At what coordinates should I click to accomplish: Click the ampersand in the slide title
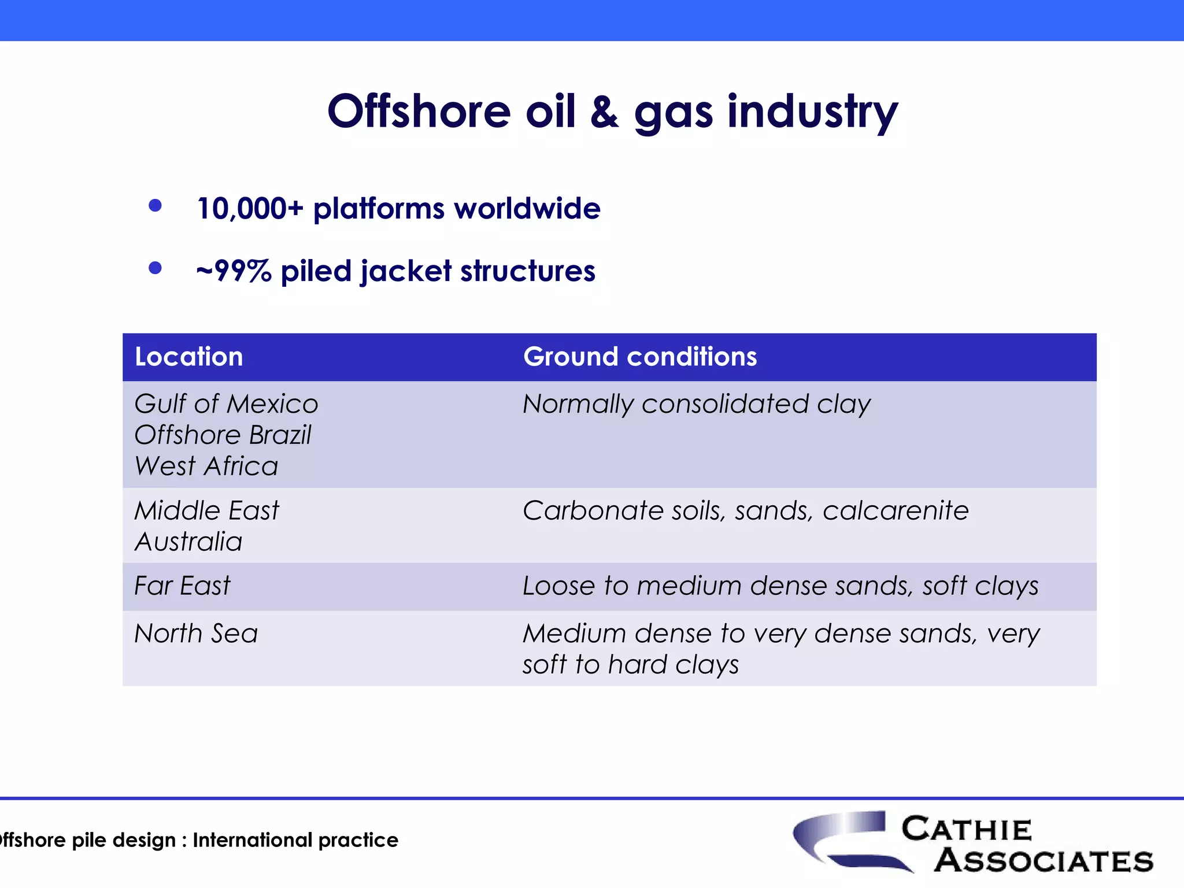click(604, 112)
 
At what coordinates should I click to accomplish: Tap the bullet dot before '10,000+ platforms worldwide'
click(155, 206)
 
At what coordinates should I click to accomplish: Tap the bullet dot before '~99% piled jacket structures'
click(155, 268)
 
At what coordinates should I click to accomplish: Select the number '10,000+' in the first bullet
click(250, 209)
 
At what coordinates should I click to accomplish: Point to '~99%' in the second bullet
click(234, 271)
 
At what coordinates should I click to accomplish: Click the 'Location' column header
click(189, 357)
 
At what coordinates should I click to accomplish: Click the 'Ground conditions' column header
click(640, 357)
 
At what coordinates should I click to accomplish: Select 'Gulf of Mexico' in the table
click(226, 404)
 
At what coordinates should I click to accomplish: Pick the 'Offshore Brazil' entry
click(223, 435)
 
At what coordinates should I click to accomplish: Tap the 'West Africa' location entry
click(206, 466)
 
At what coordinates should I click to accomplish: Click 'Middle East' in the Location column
click(206, 511)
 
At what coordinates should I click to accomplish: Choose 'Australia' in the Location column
click(188, 542)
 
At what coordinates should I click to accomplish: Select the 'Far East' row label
click(182, 586)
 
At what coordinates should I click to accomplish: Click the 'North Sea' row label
click(196, 634)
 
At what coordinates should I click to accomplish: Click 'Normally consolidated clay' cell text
click(697, 404)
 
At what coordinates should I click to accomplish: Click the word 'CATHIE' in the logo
click(967, 830)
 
